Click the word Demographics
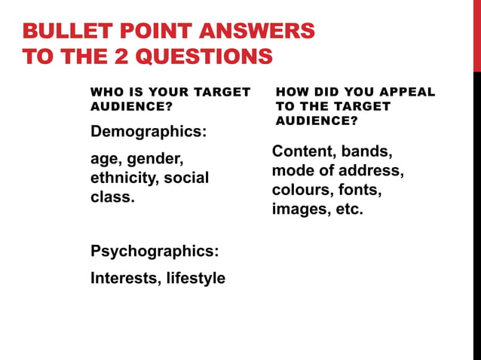pyautogui.click(x=149, y=132)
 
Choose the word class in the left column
pyautogui.click(x=111, y=197)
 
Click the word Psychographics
pyautogui.click(x=155, y=251)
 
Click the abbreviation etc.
pyautogui.click(x=348, y=209)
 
